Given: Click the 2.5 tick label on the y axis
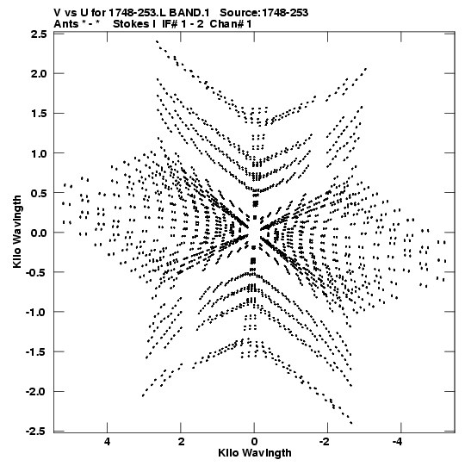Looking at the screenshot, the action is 39,34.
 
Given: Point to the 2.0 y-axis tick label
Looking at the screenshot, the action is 39,73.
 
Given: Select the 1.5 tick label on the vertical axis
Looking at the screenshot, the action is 39,113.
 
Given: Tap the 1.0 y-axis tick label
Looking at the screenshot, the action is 39,153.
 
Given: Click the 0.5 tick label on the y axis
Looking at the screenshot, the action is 39,193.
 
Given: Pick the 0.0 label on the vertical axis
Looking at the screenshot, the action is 39,233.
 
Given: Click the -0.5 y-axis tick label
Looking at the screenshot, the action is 36,272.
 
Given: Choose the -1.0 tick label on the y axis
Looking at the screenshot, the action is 36,312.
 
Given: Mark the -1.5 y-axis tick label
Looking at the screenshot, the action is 36,352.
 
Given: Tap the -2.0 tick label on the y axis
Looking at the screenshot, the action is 36,392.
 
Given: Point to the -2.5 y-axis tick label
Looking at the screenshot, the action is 36,431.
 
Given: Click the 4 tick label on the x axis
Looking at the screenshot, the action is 108,442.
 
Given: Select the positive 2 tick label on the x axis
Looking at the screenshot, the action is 181,442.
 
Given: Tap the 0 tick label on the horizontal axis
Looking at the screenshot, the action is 254,442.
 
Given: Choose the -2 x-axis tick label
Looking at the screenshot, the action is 325,442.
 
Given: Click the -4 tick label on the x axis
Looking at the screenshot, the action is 398,442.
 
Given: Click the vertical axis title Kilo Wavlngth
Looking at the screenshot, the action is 17,232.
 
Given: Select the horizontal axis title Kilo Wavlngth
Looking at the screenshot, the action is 255,453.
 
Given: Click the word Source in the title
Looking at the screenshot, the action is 240,13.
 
